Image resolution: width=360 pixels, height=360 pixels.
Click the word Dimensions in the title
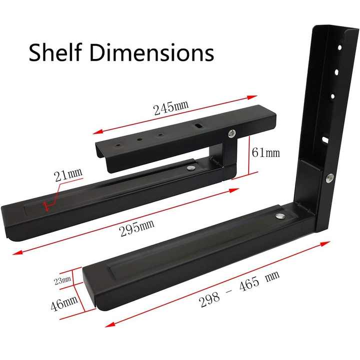pyautogui.click(x=151, y=52)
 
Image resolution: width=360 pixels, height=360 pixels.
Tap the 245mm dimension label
pyautogui.click(x=171, y=107)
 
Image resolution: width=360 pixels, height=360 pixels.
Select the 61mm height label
pyautogui.click(x=265, y=152)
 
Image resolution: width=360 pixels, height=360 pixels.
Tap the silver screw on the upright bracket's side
pyautogui.click(x=329, y=177)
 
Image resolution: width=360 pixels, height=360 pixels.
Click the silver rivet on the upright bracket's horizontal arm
pyautogui.click(x=280, y=216)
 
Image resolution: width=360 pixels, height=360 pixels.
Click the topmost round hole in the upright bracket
pyautogui.click(x=339, y=47)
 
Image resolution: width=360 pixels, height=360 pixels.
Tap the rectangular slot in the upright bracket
pyautogui.click(x=325, y=140)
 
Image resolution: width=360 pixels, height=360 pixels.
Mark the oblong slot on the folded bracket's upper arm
pyautogui.click(x=199, y=127)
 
